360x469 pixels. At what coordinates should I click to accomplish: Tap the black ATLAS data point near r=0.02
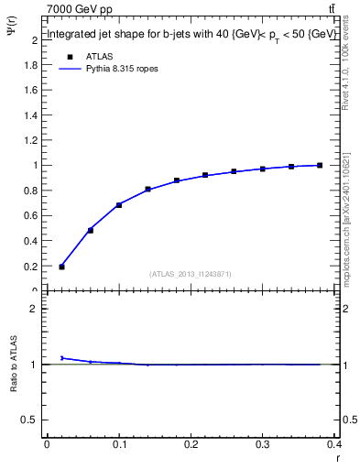61,267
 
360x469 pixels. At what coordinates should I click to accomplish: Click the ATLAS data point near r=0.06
90,230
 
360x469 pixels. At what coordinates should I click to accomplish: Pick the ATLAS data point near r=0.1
119,204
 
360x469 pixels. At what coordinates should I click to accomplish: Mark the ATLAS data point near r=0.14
147,190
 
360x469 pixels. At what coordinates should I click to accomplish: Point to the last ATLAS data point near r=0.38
320,165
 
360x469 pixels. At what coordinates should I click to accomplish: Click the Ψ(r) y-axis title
11,38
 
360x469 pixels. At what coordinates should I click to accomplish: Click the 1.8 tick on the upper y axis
33,65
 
